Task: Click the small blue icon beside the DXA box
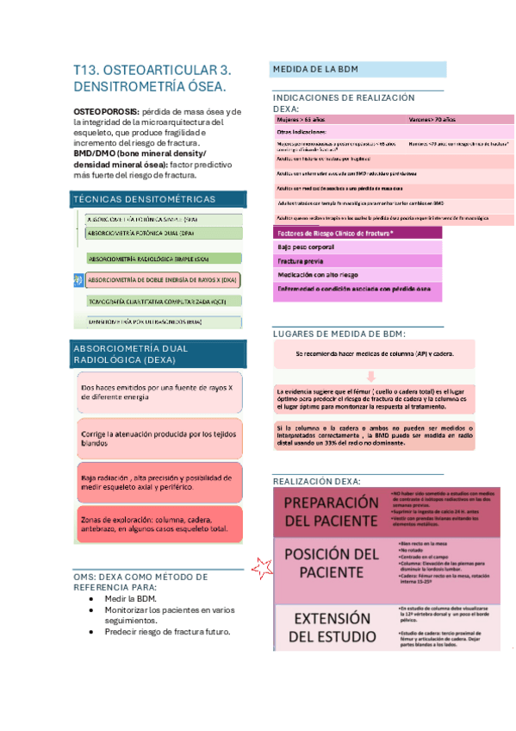(78, 279)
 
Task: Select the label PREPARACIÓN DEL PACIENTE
(331, 512)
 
